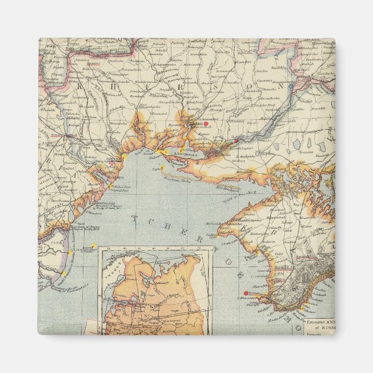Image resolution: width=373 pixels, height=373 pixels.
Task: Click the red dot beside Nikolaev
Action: pos(206,123)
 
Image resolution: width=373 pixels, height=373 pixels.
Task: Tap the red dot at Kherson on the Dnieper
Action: pos(236,141)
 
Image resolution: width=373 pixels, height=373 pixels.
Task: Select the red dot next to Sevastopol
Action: pos(246,293)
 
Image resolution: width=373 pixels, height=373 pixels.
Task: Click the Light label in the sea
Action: pos(155,169)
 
